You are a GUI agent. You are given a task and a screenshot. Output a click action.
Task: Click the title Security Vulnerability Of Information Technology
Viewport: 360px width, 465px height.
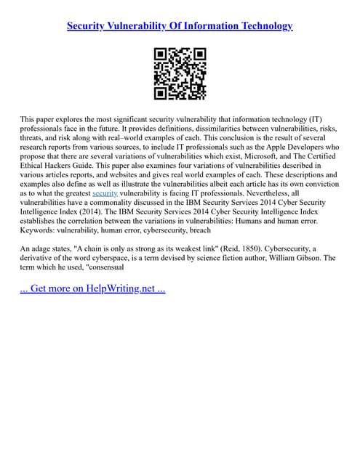pos(180,26)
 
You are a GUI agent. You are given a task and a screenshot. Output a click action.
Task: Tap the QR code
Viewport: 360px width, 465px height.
pos(180,73)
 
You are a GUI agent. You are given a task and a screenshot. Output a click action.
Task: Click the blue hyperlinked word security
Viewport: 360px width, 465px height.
pos(105,194)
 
